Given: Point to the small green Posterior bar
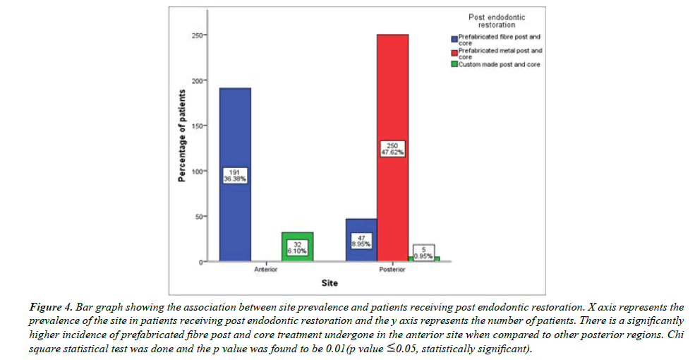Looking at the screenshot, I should coord(424,259).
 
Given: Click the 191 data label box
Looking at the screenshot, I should coord(235,175).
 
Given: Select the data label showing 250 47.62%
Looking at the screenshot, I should coord(392,149).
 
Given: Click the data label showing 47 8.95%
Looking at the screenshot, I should coord(361,240).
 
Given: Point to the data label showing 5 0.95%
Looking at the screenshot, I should coord(424,252).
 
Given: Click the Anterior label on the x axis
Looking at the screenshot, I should coord(267,270).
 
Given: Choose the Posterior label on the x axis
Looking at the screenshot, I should coord(392,270).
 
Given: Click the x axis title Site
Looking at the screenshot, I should coord(329,284).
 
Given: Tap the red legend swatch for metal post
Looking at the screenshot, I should coord(455,53).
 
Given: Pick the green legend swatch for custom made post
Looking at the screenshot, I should coord(455,65).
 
